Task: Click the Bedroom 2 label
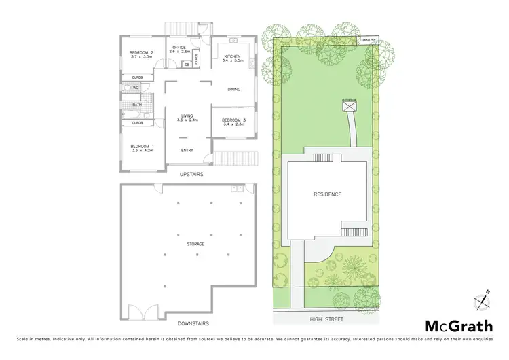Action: coord(141,54)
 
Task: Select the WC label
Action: coord(136,88)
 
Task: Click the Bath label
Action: coord(136,105)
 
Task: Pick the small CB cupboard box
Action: coord(187,65)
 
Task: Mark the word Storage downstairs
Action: coord(196,244)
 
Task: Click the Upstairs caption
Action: coord(193,175)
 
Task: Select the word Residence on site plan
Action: coord(327,195)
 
